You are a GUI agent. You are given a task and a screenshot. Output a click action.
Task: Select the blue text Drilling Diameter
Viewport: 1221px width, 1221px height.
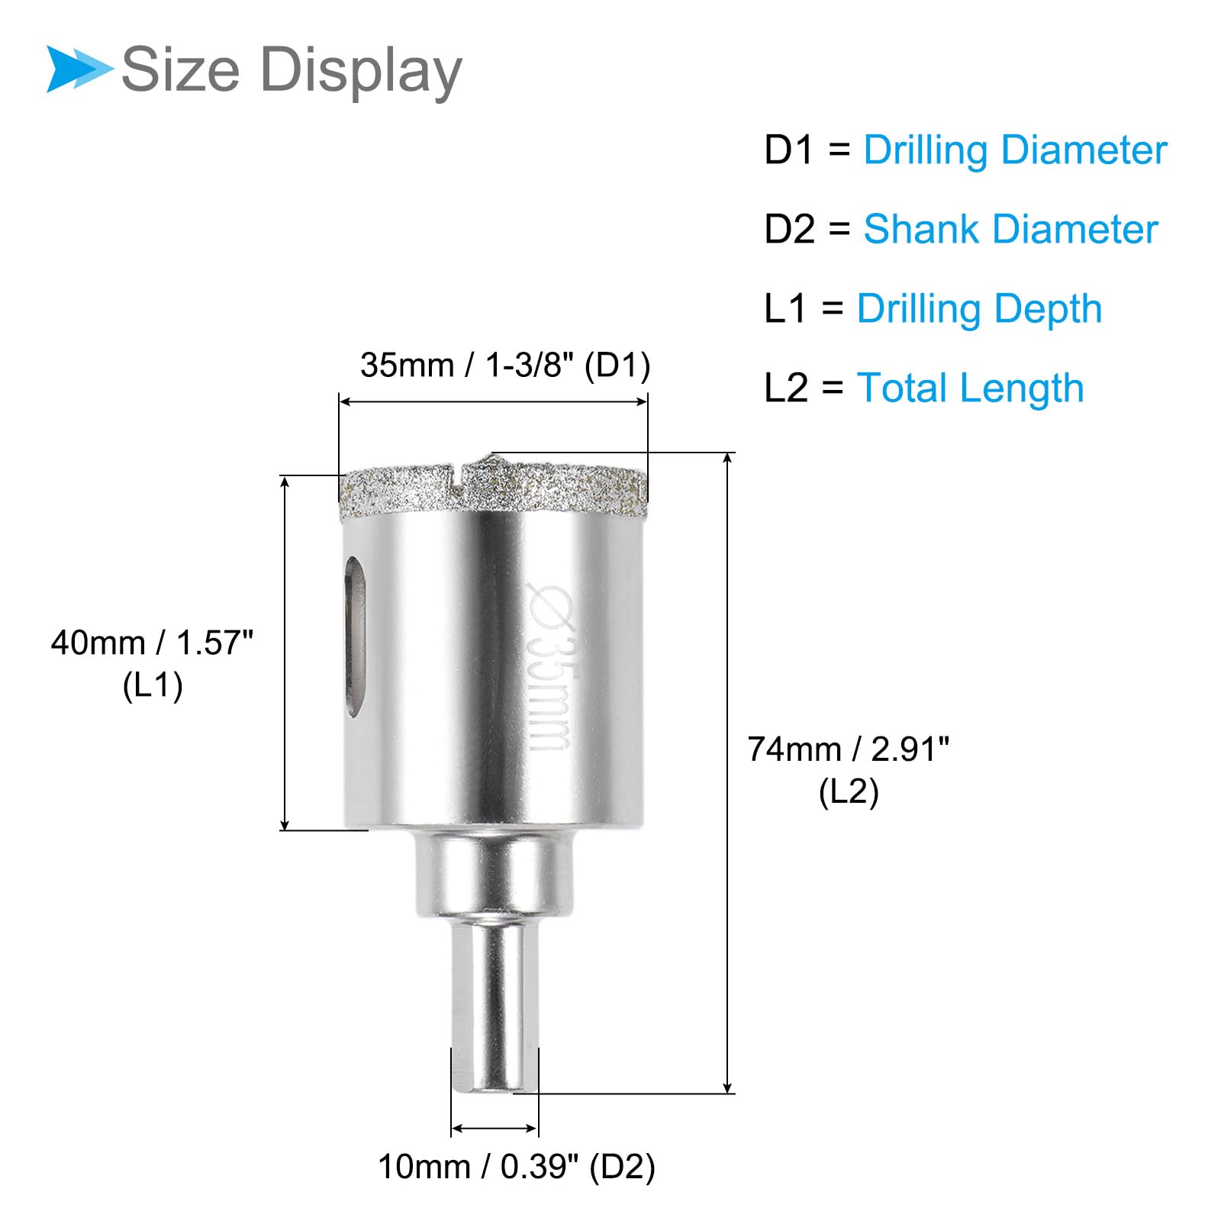[x=1015, y=150]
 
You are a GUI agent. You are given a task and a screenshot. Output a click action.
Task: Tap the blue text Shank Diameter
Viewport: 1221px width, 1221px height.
[x=1010, y=229]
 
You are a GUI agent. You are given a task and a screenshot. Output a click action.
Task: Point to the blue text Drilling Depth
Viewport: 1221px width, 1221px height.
[x=979, y=310]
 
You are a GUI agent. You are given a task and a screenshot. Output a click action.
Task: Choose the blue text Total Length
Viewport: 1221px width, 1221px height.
[x=970, y=388]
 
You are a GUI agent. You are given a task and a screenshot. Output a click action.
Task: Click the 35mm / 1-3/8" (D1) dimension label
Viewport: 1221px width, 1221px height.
[x=505, y=366]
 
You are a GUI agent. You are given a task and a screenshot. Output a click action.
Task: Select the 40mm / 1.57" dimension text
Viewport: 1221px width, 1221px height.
[x=152, y=643]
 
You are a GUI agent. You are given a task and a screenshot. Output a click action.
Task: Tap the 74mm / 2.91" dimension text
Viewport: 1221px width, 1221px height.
[x=849, y=749]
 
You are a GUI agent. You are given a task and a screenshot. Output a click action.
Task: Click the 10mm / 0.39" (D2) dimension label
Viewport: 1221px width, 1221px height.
[x=517, y=1168]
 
